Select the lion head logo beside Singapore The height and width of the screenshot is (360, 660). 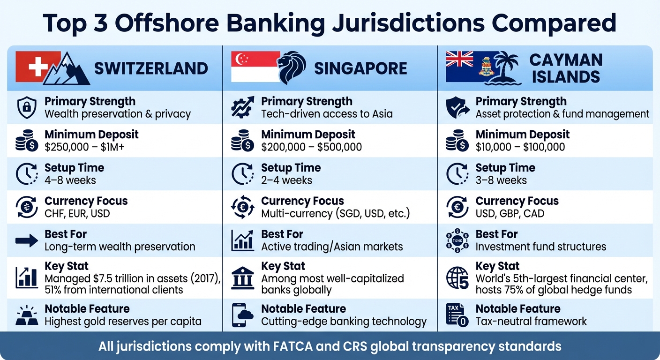(291, 68)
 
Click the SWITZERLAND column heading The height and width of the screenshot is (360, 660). (151, 68)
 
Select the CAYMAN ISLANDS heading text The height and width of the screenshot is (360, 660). (566, 68)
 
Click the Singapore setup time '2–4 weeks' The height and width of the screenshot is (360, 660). (286, 180)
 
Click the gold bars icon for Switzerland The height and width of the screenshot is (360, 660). (27, 315)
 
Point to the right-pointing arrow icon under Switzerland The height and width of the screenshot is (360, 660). (27, 241)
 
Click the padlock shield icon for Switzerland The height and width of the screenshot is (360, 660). (27, 108)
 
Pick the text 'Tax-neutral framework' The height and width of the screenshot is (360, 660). (531, 322)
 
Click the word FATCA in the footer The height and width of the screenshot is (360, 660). (286, 346)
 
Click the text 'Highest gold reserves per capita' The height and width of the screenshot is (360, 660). (123, 322)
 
